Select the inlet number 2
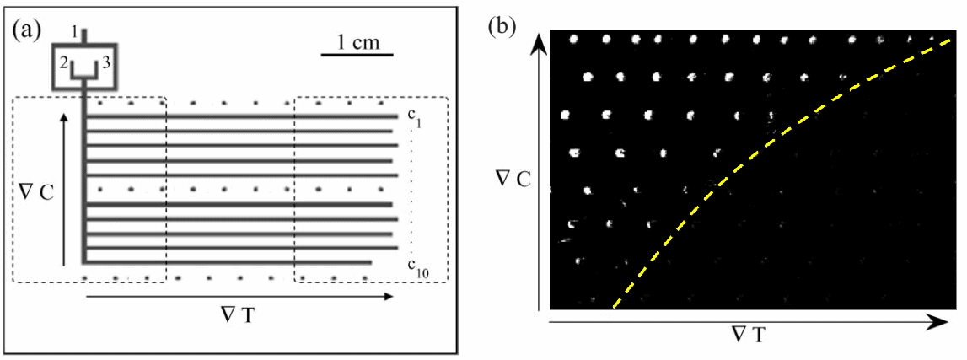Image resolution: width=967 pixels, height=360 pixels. (x=62, y=62)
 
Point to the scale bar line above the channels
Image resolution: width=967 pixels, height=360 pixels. (x=357, y=55)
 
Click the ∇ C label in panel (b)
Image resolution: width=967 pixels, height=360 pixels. (x=513, y=178)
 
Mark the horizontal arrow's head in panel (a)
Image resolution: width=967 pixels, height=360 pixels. (x=387, y=297)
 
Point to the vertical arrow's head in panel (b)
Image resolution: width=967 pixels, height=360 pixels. (x=539, y=42)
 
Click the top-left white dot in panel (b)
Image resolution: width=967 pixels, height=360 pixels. (x=573, y=38)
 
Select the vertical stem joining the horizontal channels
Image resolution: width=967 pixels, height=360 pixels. (x=83, y=178)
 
